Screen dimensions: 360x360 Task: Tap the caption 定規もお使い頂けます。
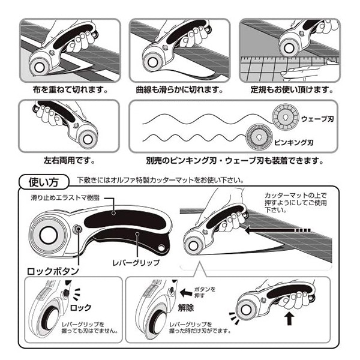click(291, 90)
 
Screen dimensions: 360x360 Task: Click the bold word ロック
click(81, 308)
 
